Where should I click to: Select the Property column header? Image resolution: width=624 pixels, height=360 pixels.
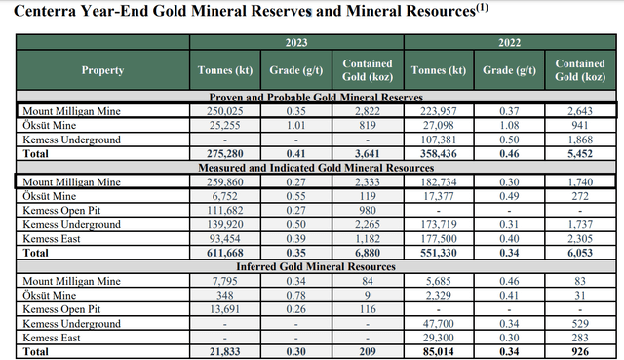click(x=101, y=70)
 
